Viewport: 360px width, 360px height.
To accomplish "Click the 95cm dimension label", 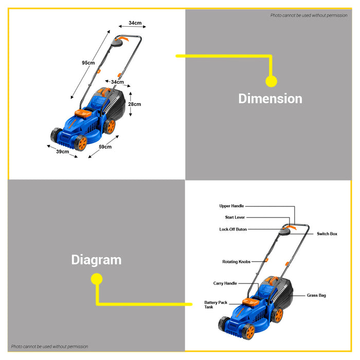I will [x=88, y=63].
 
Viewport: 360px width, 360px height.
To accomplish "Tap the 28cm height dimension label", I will [x=135, y=104].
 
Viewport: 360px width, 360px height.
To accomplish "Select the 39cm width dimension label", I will [x=63, y=152].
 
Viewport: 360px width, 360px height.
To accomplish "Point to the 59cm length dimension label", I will [x=105, y=147].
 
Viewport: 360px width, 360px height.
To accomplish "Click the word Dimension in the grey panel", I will [x=270, y=98].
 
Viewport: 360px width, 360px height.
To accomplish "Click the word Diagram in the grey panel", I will [x=96, y=260].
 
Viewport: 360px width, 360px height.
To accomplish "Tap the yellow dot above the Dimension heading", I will [x=271, y=81].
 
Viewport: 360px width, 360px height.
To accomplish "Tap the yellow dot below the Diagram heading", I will [x=97, y=279].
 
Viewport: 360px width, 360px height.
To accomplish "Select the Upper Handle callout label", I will [x=232, y=206].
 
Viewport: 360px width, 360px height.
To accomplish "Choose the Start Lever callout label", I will [x=235, y=218].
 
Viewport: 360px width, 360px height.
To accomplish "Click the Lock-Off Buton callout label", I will [x=233, y=229].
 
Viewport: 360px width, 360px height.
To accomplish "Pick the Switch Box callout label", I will [x=327, y=234].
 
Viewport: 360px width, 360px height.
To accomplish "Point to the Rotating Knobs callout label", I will [x=236, y=262].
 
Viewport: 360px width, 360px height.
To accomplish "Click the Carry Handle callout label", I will [x=225, y=283].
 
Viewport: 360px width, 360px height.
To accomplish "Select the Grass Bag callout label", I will [x=316, y=295].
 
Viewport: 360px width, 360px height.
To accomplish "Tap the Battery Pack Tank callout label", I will [x=215, y=304].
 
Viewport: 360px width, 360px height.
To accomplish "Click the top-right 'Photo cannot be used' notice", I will [x=309, y=15].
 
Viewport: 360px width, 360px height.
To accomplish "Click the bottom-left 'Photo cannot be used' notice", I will [x=50, y=347].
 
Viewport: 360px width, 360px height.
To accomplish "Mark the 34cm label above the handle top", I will [x=135, y=23].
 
